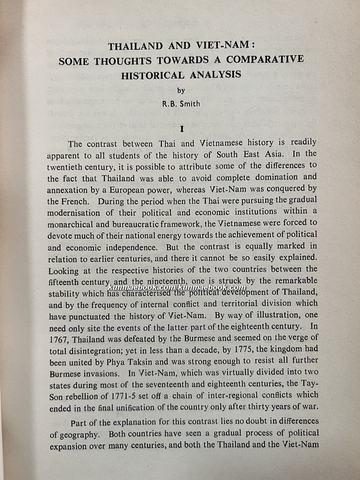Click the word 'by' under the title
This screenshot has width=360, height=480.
point(182,91)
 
